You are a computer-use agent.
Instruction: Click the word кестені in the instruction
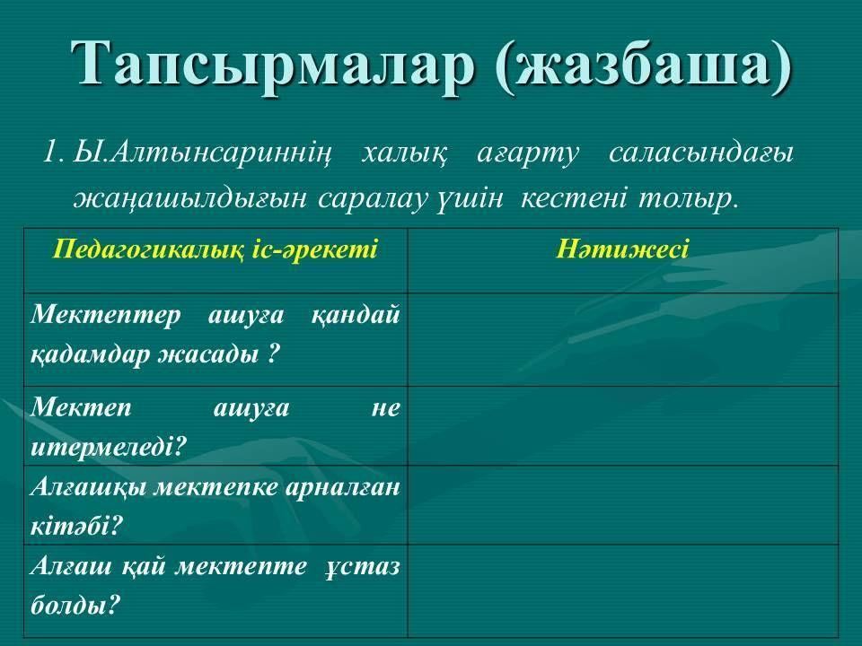(x=572, y=197)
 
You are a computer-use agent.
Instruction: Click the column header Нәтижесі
(x=622, y=249)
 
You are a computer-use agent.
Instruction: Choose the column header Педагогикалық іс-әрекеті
(x=215, y=249)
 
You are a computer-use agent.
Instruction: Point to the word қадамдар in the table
(x=90, y=354)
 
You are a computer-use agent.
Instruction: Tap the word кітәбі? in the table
(x=75, y=526)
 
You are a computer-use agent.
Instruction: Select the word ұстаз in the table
(x=362, y=566)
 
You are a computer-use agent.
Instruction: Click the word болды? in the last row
(x=75, y=606)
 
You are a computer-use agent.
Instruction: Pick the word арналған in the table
(x=342, y=487)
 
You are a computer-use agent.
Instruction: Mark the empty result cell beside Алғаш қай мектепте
(x=623, y=590)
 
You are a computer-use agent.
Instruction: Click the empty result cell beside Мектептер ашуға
(x=623, y=339)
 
